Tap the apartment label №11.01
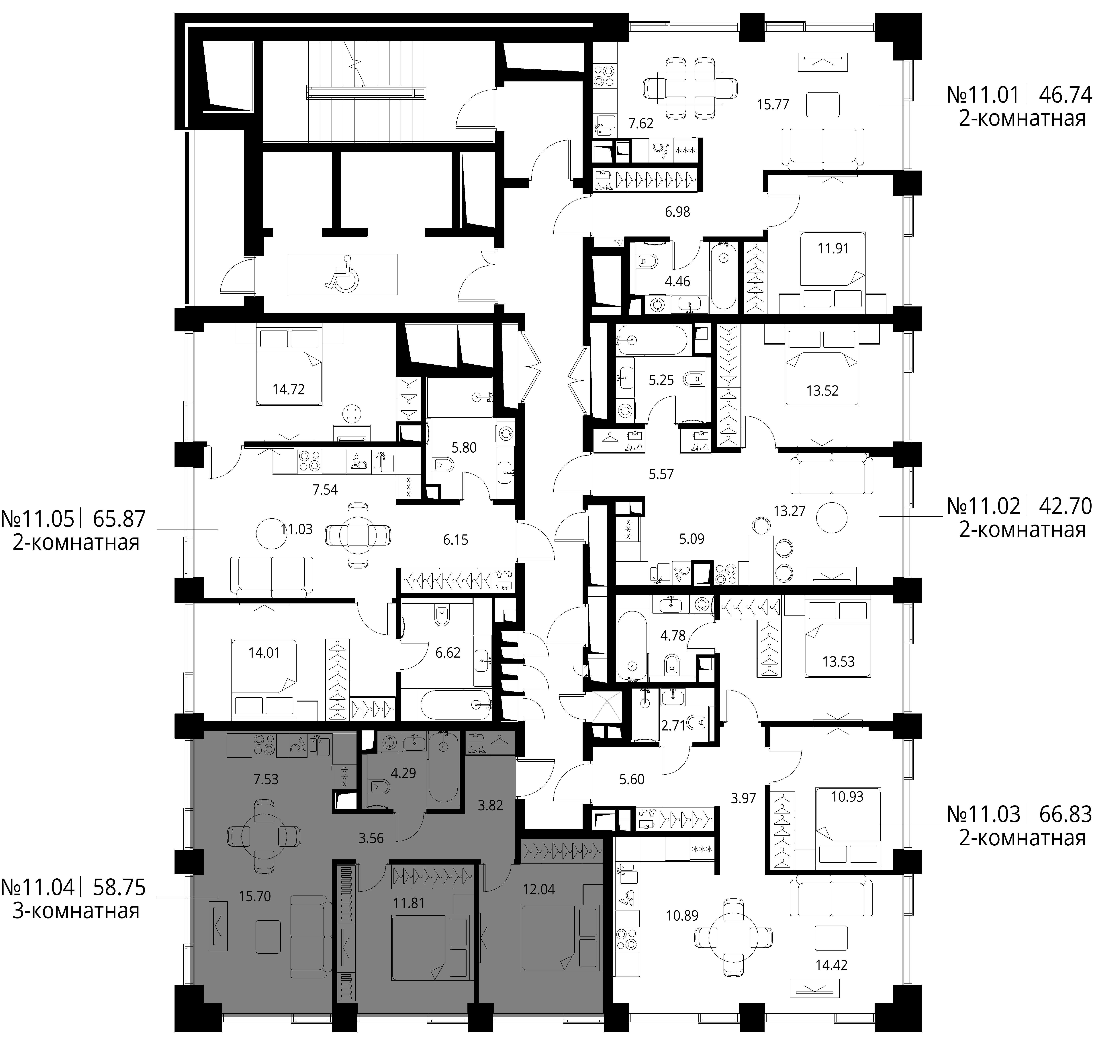tap(983, 95)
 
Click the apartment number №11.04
tap(38, 887)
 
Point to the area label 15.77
tap(773, 104)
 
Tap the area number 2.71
tap(673, 725)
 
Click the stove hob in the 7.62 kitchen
tap(603, 76)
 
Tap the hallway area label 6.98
tap(677, 212)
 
